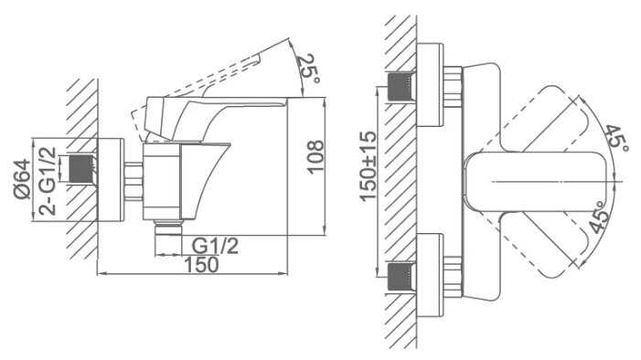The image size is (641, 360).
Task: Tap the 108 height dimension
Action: [x=315, y=157]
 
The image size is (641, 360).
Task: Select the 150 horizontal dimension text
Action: [x=201, y=264]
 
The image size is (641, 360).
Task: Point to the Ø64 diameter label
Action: [x=23, y=179]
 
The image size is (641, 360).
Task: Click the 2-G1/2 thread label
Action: [x=48, y=180]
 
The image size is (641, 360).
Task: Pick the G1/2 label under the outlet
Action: [x=215, y=246]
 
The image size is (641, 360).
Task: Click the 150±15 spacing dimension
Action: [x=369, y=166]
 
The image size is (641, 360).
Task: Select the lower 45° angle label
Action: [x=599, y=217]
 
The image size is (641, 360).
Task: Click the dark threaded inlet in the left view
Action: [x=81, y=168]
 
